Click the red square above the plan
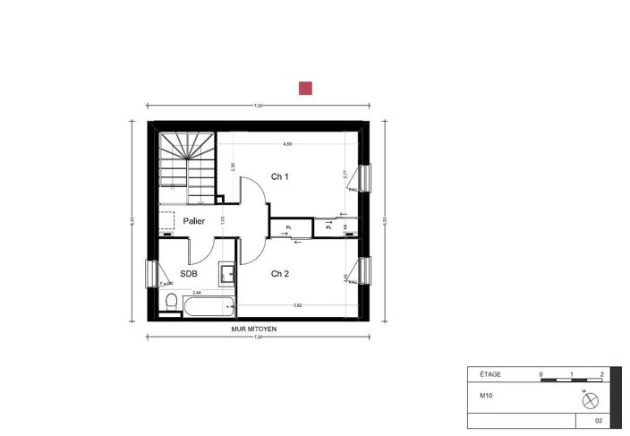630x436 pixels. coord(305,88)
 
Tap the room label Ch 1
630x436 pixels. coord(280,177)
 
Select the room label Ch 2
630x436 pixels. coord(280,274)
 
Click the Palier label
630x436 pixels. coord(194,220)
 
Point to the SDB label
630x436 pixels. coord(189,274)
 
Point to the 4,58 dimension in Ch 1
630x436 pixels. coord(287,144)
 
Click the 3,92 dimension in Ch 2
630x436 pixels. coord(296,306)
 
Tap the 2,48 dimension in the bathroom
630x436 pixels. coord(197,292)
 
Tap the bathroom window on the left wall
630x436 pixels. coord(151,272)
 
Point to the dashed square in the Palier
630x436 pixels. coord(167,220)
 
